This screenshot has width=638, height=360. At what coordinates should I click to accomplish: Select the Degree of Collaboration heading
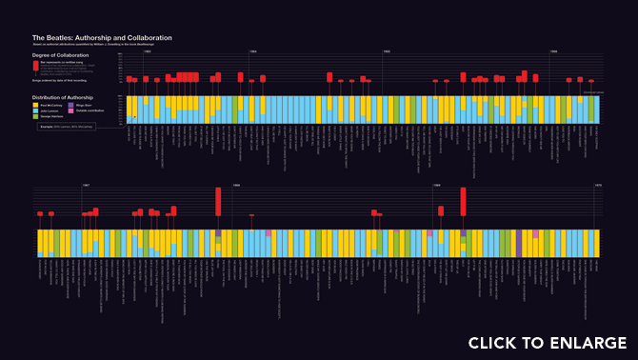[x=60, y=56]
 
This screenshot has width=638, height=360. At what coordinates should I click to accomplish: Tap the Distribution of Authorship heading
[x=63, y=97]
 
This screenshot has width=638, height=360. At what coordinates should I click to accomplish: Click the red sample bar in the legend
[x=35, y=67]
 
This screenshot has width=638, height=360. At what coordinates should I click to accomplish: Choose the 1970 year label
[x=597, y=185]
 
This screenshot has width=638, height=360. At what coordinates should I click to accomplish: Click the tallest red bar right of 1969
[x=463, y=202]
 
